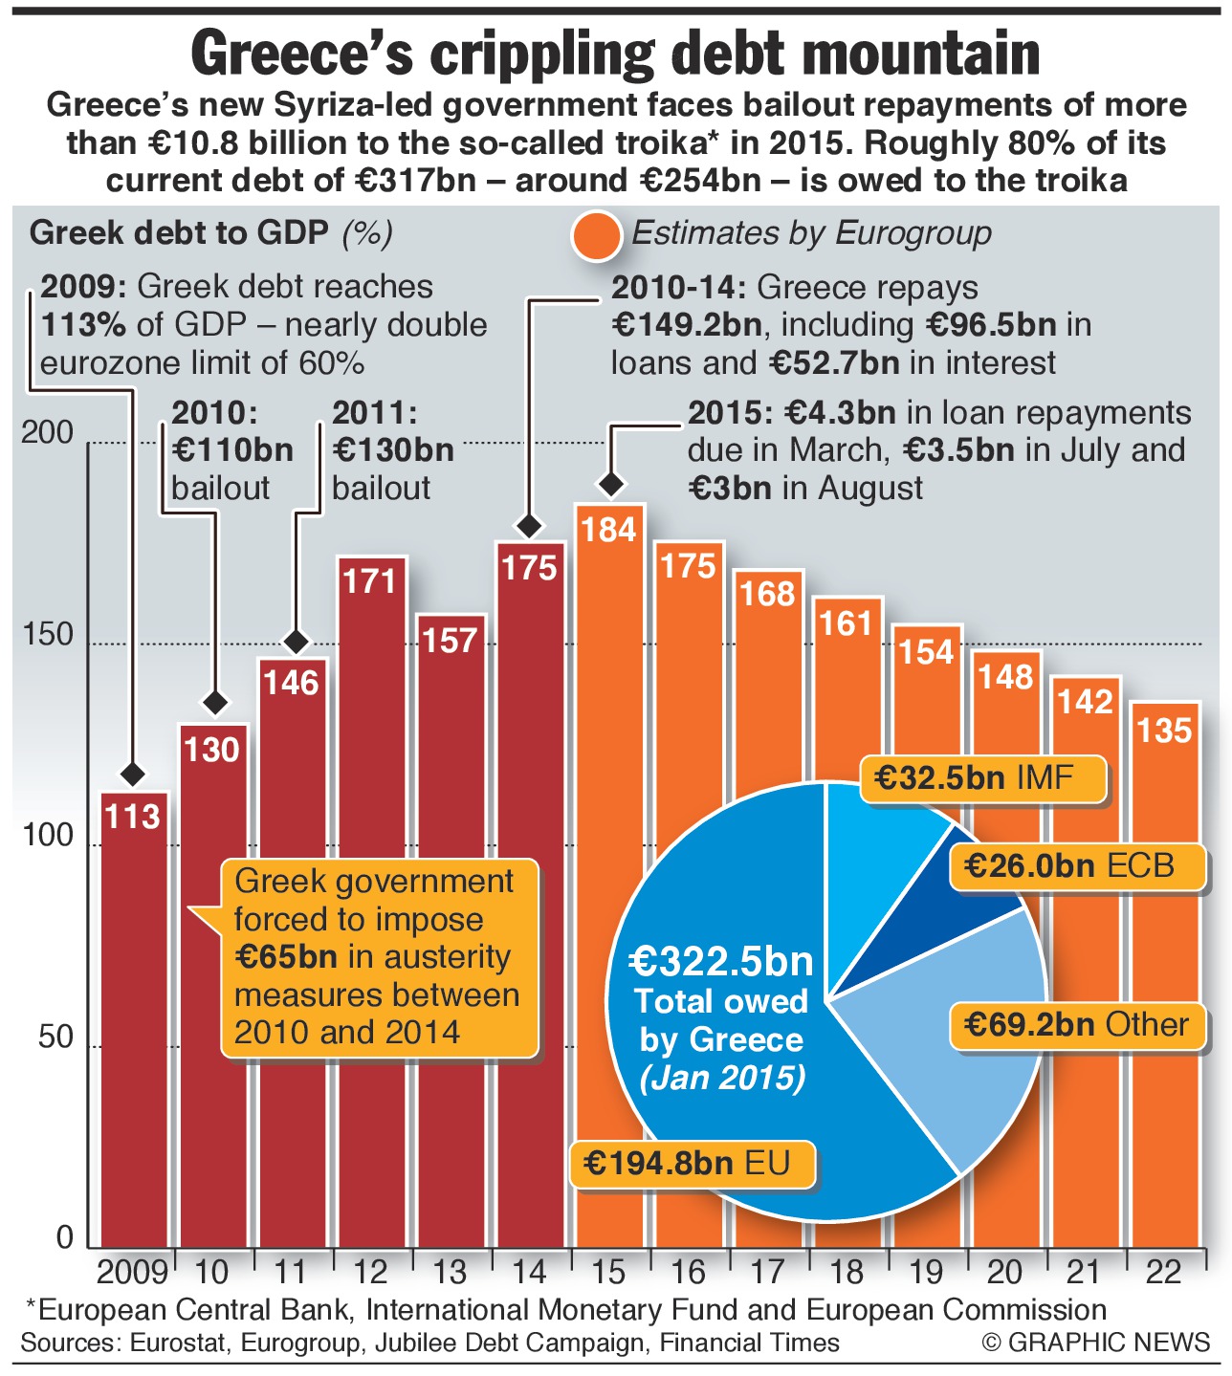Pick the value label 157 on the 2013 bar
[450, 641]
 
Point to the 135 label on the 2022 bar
[1164, 732]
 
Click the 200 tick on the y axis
[47, 433]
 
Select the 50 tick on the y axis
[55, 1037]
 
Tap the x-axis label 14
[528, 1273]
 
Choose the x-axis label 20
[1004, 1273]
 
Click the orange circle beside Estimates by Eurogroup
[596, 235]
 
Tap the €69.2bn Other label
[1076, 1025]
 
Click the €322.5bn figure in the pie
[720, 960]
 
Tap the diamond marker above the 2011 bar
[297, 642]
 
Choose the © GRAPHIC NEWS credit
[1095, 1342]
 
